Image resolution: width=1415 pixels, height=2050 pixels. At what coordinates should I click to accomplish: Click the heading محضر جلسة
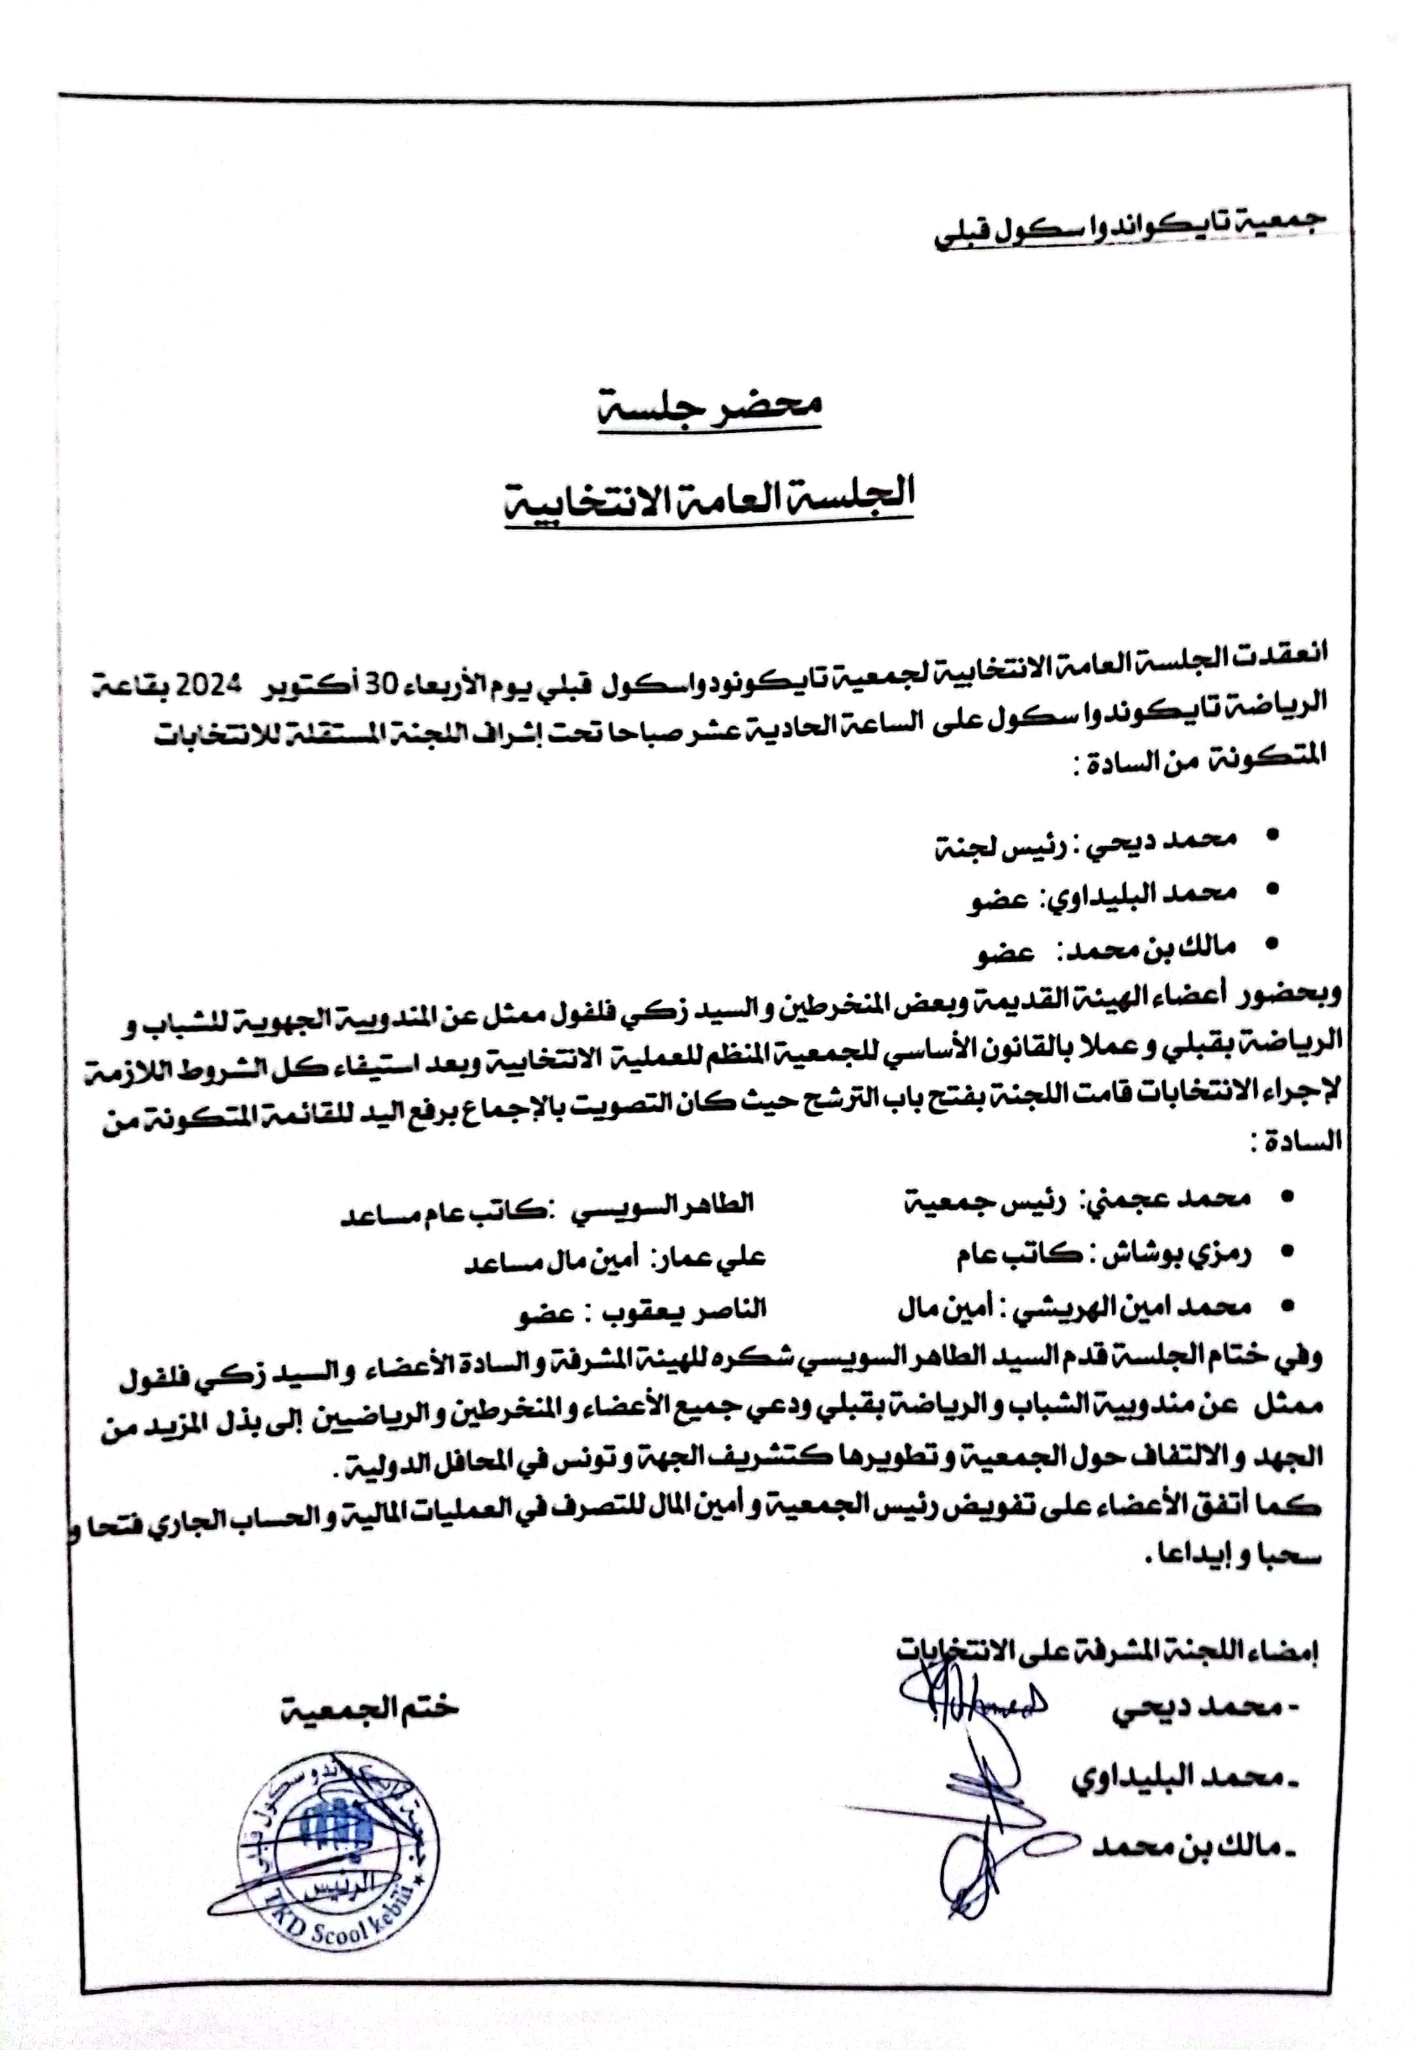coord(709,407)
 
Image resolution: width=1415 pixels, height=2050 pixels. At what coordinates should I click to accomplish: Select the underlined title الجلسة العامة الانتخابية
coord(709,496)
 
